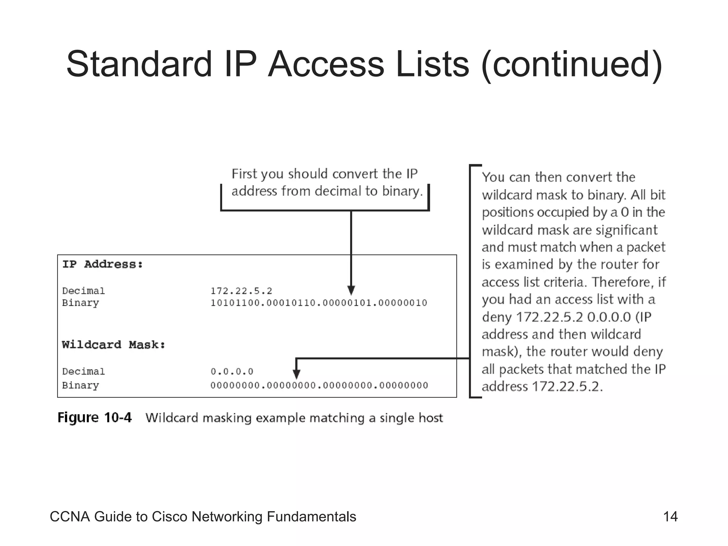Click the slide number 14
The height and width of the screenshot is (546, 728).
click(670, 516)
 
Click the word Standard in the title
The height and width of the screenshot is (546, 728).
click(139, 64)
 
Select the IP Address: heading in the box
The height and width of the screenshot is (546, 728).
click(102, 264)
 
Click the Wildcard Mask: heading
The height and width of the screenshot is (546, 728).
click(113, 345)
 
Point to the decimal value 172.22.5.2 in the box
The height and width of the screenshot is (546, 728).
click(241, 291)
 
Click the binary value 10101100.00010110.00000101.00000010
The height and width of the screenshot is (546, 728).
click(318, 303)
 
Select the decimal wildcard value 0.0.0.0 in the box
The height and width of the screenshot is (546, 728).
click(232, 372)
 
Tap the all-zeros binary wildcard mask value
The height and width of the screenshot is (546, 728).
click(319, 386)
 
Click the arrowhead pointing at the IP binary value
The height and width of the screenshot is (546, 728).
click(351, 290)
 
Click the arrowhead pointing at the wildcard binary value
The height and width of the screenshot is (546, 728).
click(296, 374)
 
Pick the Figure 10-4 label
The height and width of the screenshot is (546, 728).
click(95, 418)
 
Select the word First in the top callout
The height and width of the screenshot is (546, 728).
click(245, 174)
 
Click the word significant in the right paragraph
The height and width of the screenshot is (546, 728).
click(627, 230)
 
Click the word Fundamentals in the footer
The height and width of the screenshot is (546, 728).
click(311, 517)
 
